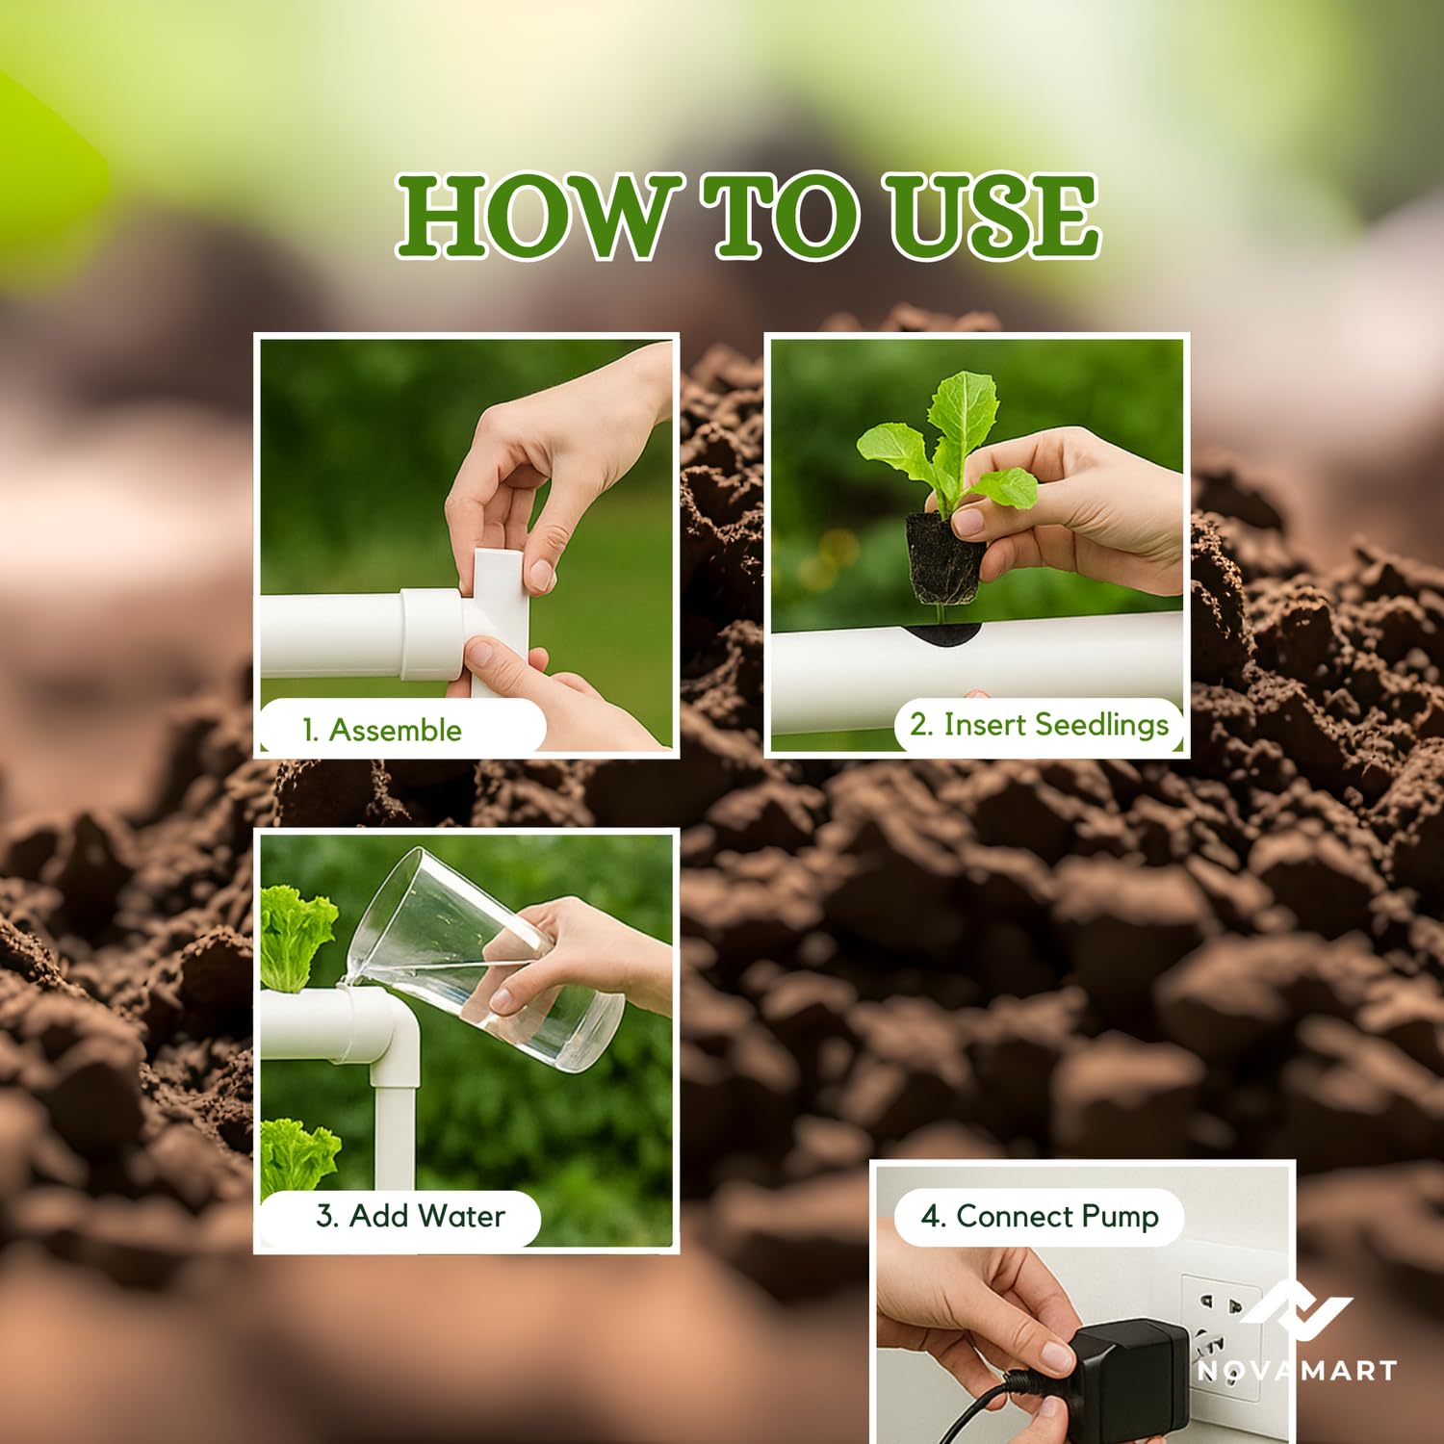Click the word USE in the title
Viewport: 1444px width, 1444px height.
(993, 217)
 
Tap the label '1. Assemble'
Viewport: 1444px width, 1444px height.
(382, 730)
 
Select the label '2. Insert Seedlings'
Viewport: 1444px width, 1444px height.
(1040, 725)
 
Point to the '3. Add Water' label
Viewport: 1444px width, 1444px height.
(410, 1216)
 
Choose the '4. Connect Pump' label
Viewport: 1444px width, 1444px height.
(1040, 1217)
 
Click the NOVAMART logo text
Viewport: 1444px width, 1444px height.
(1297, 1370)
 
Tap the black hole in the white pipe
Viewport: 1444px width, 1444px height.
(941, 633)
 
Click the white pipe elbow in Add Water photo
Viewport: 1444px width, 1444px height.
(380, 1040)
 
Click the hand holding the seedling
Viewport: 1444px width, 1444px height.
(1069, 510)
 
